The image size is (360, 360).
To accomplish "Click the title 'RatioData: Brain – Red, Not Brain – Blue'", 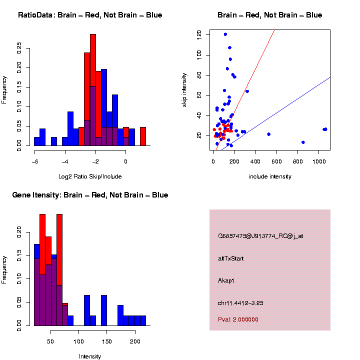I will coord(90,15).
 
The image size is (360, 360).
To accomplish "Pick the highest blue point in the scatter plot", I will coord(225,34).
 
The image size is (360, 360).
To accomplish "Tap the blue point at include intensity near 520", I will coord(268,134).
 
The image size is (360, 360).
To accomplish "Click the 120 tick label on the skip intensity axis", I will coord(199,34).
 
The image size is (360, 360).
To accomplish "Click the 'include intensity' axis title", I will coord(270,176).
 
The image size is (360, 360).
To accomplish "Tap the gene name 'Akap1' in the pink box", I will coord(226,280).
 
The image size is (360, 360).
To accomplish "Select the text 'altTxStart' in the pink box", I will coord(231,258).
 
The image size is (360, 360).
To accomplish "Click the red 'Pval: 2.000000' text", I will coord(238,319).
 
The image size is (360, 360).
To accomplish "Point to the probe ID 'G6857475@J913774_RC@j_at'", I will coord(260,236).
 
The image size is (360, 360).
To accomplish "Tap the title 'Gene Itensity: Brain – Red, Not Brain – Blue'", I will coord(90,195).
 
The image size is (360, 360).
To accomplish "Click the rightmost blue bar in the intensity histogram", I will coord(143,320).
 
